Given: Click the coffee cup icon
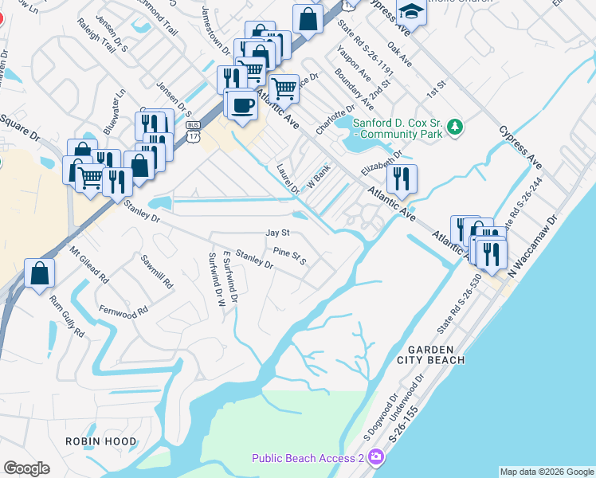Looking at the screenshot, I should coord(241,105).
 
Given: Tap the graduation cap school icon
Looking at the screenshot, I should coord(411,12).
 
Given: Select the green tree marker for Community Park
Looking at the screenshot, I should coord(454,127).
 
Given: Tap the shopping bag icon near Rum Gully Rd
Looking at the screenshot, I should coord(39,275).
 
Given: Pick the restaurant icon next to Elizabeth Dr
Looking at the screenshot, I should coord(402,178).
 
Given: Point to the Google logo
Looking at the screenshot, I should coord(26,468).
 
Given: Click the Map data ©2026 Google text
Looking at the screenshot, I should coord(546,472).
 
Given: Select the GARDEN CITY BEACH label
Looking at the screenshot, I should coord(436,355).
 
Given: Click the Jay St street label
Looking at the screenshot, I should coord(276,233).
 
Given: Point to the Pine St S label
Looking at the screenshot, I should coord(290,256).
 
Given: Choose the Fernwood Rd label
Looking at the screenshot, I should coord(124,309).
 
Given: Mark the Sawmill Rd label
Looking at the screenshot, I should coord(156,272).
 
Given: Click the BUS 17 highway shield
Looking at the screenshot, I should coord(191,130).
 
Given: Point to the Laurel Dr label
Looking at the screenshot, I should coord(287,179).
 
